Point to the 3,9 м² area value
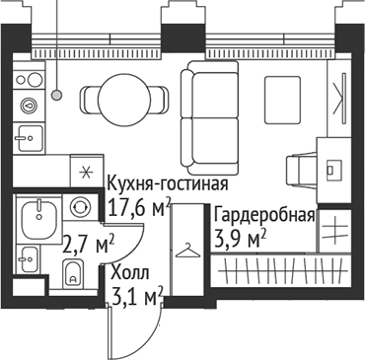(241, 239)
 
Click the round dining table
(124, 98)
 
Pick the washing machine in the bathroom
(81, 207)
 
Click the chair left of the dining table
(89, 98)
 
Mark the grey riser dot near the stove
(58, 95)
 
